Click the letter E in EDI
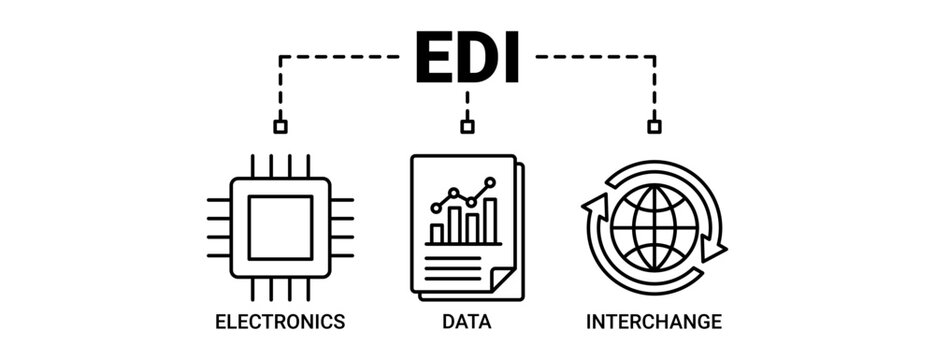click(433, 59)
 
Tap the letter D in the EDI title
click(473, 59)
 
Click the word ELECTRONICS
click(280, 322)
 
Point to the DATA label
click(467, 322)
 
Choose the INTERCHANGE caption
click(654, 322)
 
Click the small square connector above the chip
click(280, 127)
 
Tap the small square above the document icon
click(467, 127)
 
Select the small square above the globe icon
click(654, 127)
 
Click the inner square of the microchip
click(280, 228)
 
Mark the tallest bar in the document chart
click(490, 221)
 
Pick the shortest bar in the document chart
click(437, 234)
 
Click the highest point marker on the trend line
click(490, 183)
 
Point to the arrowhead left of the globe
click(594, 207)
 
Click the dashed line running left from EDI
click(340, 57)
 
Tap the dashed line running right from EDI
click(595, 57)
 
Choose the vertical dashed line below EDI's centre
click(467, 105)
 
